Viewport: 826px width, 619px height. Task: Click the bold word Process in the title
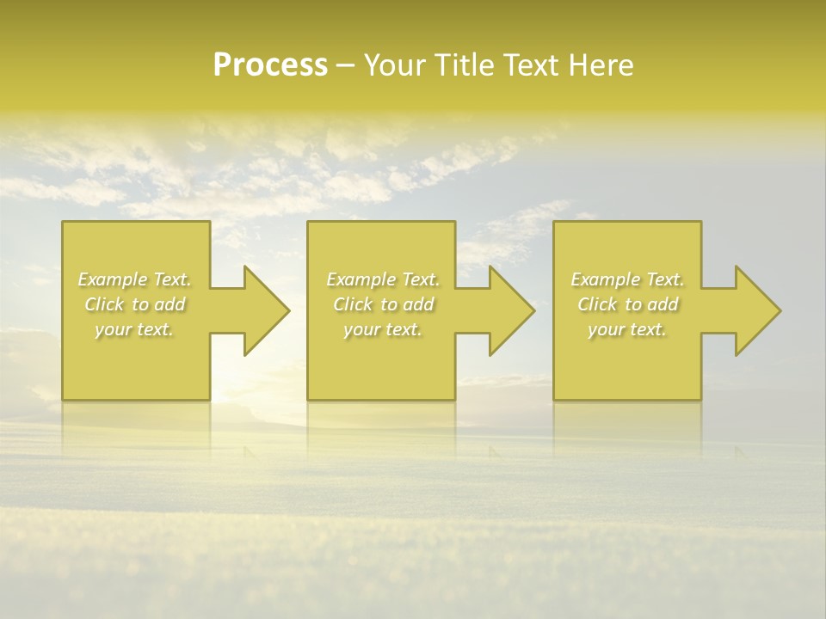point(270,65)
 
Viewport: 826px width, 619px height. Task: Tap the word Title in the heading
point(462,65)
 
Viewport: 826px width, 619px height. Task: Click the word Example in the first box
point(113,279)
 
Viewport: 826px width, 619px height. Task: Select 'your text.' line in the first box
point(134,329)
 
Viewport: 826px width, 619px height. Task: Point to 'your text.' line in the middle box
point(383,329)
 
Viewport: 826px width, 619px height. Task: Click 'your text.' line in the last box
point(627,329)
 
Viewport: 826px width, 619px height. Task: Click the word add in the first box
point(170,304)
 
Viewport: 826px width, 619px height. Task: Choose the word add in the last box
point(663,304)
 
